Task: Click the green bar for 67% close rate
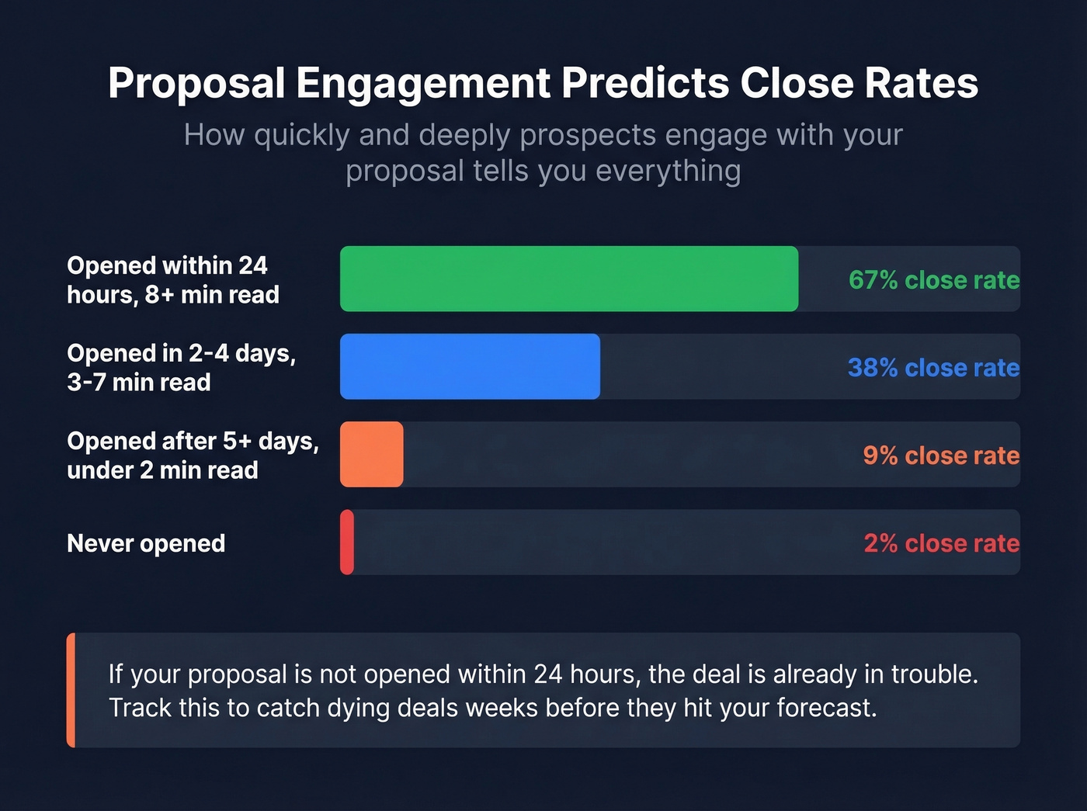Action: point(568,279)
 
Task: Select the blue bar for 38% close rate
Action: point(470,366)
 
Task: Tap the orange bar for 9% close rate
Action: point(371,454)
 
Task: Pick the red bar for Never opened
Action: point(347,542)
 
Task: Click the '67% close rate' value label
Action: point(933,279)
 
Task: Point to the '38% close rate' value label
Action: point(933,367)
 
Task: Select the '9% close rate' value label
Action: point(940,455)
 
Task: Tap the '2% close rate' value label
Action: point(941,542)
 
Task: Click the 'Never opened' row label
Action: point(146,543)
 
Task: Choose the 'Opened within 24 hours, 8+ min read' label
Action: point(172,279)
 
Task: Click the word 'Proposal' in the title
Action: point(196,83)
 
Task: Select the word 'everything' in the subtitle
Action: point(668,171)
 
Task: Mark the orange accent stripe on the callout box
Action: point(71,690)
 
